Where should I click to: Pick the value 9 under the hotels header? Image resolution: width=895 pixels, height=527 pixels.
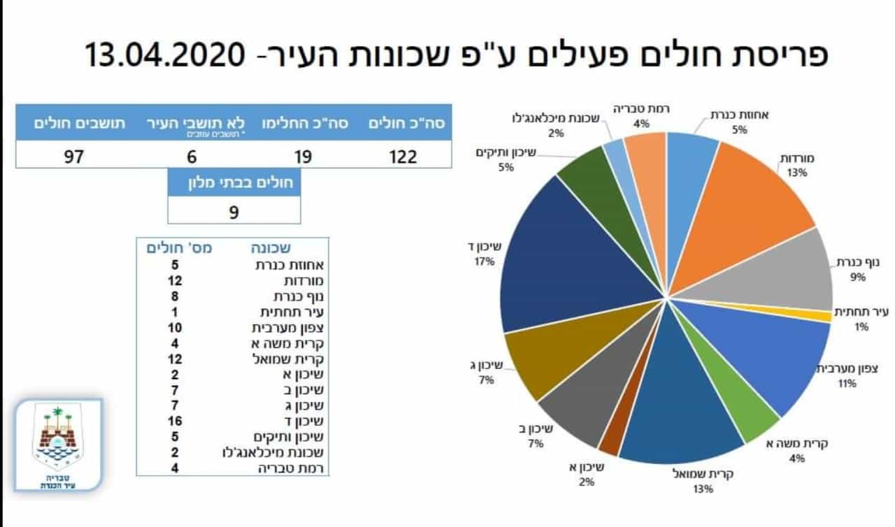tap(234, 211)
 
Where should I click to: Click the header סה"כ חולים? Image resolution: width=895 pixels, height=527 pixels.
tap(407, 124)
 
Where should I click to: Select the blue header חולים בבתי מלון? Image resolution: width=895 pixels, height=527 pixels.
tap(234, 184)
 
